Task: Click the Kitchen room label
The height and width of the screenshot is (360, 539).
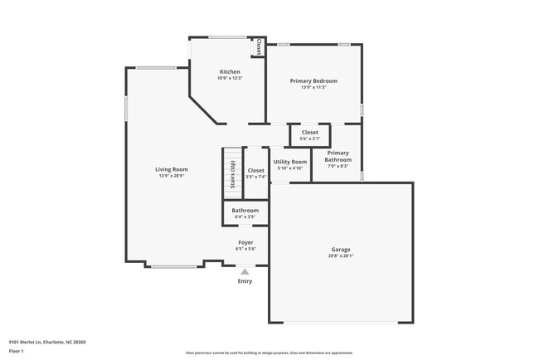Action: pyautogui.click(x=230, y=72)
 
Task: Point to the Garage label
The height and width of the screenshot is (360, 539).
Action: pyautogui.click(x=341, y=250)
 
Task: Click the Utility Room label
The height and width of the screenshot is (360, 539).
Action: pyautogui.click(x=290, y=162)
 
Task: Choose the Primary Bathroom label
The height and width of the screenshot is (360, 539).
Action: pyautogui.click(x=338, y=156)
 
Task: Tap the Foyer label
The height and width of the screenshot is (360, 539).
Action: pyautogui.click(x=245, y=242)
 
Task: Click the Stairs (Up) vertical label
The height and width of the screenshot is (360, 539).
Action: pyautogui.click(x=232, y=173)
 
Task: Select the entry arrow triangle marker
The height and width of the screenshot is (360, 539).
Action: pyautogui.click(x=245, y=270)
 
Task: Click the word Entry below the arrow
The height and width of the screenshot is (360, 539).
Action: pyautogui.click(x=245, y=281)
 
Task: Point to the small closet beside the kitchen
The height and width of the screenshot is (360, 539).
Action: pyautogui.click(x=259, y=47)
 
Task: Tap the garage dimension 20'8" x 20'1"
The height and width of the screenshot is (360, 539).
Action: pyautogui.click(x=341, y=256)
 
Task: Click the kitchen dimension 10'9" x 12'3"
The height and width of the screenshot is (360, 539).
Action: pyautogui.click(x=230, y=78)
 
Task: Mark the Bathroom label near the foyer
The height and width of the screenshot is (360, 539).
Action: pyautogui.click(x=245, y=211)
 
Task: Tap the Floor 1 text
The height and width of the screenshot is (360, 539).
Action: pyautogui.click(x=17, y=352)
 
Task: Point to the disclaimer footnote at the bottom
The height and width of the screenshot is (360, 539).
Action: pyautogui.click(x=269, y=352)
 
